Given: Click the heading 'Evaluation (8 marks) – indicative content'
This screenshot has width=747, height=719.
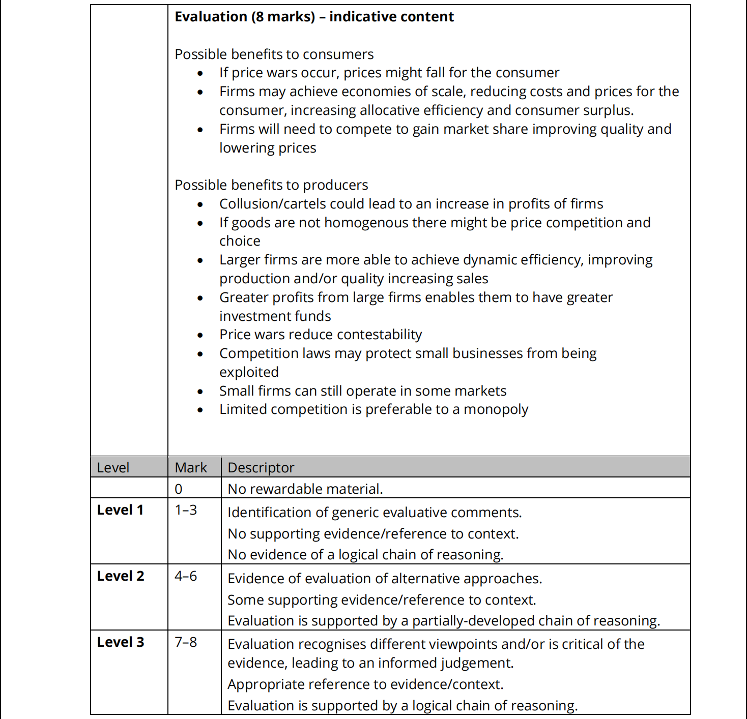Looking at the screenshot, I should [x=314, y=17].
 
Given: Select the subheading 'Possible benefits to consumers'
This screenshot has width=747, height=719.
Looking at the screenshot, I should [x=274, y=54].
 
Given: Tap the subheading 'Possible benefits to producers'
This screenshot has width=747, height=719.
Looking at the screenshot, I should [x=271, y=185].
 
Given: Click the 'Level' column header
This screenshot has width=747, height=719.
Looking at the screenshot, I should [x=113, y=467].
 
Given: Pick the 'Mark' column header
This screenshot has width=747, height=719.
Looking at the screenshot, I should [x=191, y=467].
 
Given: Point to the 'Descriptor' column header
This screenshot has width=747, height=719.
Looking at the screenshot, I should [x=261, y=467].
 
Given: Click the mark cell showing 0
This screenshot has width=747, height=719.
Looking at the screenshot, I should [x=179, y=489].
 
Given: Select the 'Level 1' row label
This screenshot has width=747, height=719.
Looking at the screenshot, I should [x=120, y=510].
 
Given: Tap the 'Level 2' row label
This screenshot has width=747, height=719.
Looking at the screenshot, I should [x=121, y=576].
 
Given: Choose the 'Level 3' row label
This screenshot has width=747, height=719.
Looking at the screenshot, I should [x=121, y=642].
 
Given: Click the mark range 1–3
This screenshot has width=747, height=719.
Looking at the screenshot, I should [x=186, y=510].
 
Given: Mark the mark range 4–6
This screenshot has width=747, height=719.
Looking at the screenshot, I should [x=186, y=576].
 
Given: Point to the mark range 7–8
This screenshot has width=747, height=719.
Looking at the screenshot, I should [x=186, y=642].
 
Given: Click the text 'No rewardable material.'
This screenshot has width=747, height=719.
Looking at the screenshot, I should [x=305, y=489].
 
